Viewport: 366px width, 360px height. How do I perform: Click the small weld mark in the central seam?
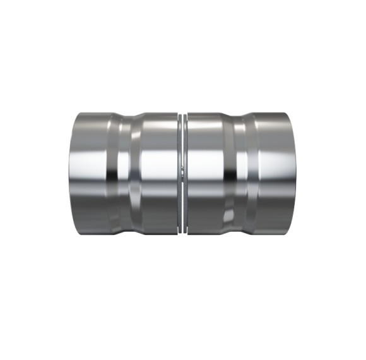point(182,169)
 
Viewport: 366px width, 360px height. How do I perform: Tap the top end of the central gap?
point(182,116)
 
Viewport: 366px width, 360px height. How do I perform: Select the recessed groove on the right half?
point(240,174)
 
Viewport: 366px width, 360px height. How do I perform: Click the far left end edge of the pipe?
point(69,174)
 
